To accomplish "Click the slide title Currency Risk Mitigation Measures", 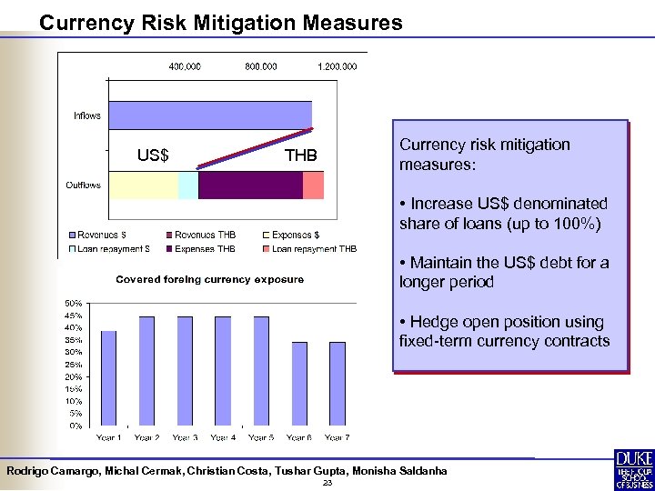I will click(x=220, y=23).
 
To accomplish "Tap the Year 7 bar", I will click(x=338, y=383).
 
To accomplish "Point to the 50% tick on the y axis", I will click(x=73, y=303).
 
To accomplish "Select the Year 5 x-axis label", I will click(x=260, y=437).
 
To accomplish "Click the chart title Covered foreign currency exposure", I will click(x=209, y=279).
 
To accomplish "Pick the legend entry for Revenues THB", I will click(x=204, y=235).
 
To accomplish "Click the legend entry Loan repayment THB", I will click(x=313, y=248).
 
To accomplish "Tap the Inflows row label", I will click(x=87, y=115).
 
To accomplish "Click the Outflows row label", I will click(x=83, y=185).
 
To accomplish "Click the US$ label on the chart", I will click(x=152, y=155).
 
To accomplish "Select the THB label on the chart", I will click(x=300, y=155).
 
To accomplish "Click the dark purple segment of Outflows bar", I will click(x=250, y=185).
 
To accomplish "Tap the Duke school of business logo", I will click(x=633, y=470).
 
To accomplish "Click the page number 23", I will click(x=327, y=483).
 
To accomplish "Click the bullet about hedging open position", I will click(x=504, y=332).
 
